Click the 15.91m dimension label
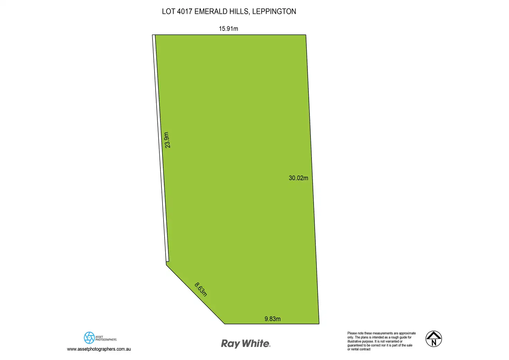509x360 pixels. click(228, 29)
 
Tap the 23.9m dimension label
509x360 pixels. click(167, 140)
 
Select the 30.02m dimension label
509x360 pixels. click(298, 178)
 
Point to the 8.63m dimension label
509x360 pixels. click(201, 289)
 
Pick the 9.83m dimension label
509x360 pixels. click(272, 319)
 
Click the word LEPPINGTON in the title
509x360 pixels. click(274, 11)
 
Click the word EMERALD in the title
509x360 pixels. click(211, 11)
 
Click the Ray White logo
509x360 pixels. click(246, 343)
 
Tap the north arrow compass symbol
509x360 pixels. click(434, 339)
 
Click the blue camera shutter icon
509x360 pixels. click(89, 338)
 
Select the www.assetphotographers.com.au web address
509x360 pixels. click(99, 349)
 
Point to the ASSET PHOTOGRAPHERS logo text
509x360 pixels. click(106, 338)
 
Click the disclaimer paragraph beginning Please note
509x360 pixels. click(381, 341)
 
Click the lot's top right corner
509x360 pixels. click(306, 35)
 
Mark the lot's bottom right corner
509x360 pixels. click(319, 324)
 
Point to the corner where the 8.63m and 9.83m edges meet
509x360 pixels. click(225, 324)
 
